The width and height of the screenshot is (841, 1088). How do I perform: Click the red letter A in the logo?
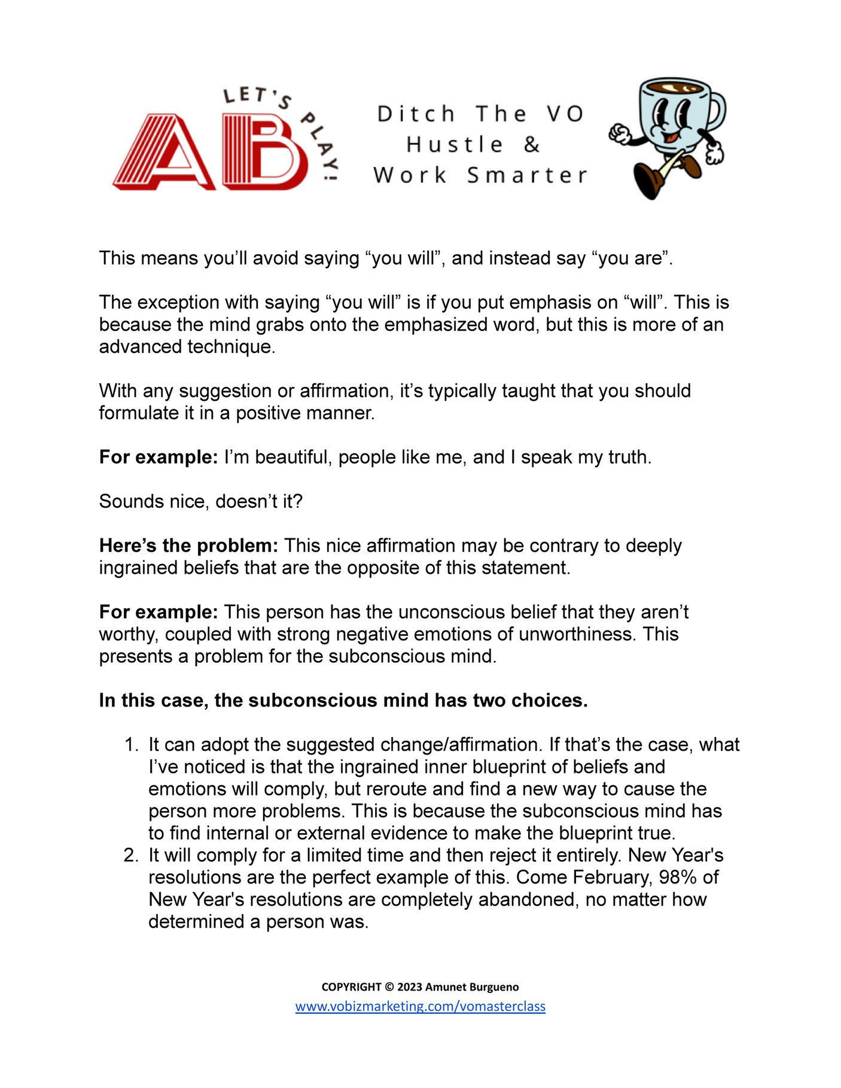pos(164,154)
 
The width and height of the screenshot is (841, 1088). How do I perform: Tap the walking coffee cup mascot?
pos(670,135)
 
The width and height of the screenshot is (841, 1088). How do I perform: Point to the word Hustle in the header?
pos(455,145)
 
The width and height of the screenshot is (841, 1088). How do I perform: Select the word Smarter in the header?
pos(527,175)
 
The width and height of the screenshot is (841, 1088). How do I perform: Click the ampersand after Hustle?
pos(532,145)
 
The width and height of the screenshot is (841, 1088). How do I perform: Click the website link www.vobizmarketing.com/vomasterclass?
pos(420,1006)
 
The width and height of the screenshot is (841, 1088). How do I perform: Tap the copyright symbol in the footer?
pos(389,987)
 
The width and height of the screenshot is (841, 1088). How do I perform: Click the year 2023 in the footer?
pos(409,987)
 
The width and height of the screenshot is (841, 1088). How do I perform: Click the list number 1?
pos(130,745)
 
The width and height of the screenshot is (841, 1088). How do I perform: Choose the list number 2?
pos(130,855)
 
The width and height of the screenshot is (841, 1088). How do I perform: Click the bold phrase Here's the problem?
pos(188,545)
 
